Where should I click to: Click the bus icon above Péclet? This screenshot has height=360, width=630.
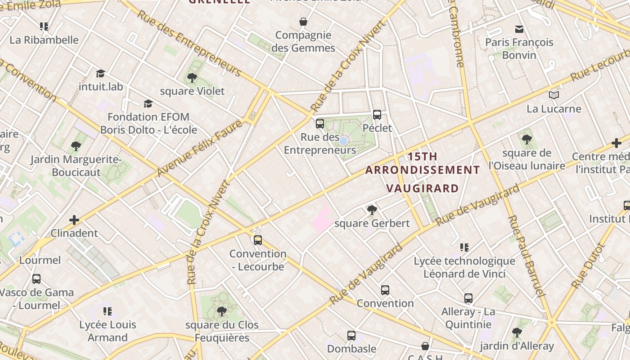point(377,115)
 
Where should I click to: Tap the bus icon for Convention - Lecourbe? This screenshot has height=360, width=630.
point(258,240)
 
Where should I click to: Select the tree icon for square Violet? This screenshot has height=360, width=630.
point(192,78)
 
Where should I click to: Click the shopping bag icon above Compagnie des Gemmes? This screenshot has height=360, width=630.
point(304,22)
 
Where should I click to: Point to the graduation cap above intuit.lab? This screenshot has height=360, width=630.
point(100,73)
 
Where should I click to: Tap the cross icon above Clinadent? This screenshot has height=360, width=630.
point(74,220)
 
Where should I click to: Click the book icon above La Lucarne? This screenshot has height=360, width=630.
point(554,95)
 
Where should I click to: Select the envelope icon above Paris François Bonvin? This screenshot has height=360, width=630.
point(519,29)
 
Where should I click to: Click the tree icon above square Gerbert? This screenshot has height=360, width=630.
point(372,210)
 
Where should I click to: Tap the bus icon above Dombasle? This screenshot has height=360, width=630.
point(351,335)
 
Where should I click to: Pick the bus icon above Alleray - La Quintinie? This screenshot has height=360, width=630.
point(468,298)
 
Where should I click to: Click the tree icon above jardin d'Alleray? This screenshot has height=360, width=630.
point(517,333)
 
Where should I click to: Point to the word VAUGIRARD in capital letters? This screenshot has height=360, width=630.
point(423,188)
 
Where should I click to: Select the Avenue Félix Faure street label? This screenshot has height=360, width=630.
point(200,148)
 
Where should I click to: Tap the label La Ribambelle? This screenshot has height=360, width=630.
point(44,40)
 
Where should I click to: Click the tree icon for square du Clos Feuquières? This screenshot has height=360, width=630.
point(222,311)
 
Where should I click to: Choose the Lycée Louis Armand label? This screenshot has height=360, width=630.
point(108,331)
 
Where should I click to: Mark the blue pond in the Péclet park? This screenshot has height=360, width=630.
point(343,141)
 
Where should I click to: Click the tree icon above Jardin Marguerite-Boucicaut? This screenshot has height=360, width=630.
point(76,146)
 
